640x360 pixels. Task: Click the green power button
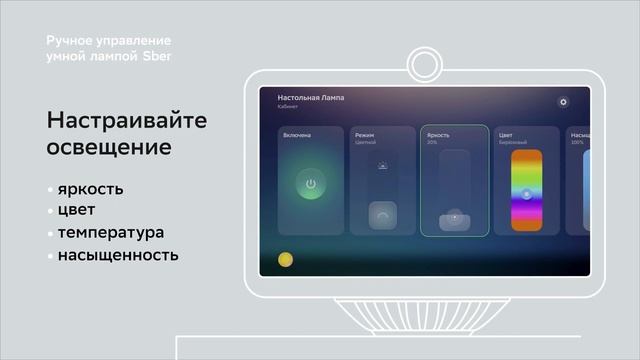(311, 184)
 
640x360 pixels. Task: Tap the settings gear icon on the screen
(563, 102)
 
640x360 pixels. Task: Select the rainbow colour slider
(526, 190)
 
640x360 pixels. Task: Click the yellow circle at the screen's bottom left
(284, 259)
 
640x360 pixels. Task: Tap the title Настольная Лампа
(310, 98)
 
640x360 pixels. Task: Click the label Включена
(296, 134)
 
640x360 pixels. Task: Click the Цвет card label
(506, 134)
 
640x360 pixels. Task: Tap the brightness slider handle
(454, 218)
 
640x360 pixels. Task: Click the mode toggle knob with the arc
(383, 213)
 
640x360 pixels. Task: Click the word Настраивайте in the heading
(126, 121)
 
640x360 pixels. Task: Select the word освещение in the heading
(108, 147)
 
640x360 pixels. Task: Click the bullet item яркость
(90, 189)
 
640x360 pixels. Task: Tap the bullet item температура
(110, 232)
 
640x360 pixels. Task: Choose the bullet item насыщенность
(117, 254)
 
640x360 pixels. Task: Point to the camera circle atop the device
(428, 65)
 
